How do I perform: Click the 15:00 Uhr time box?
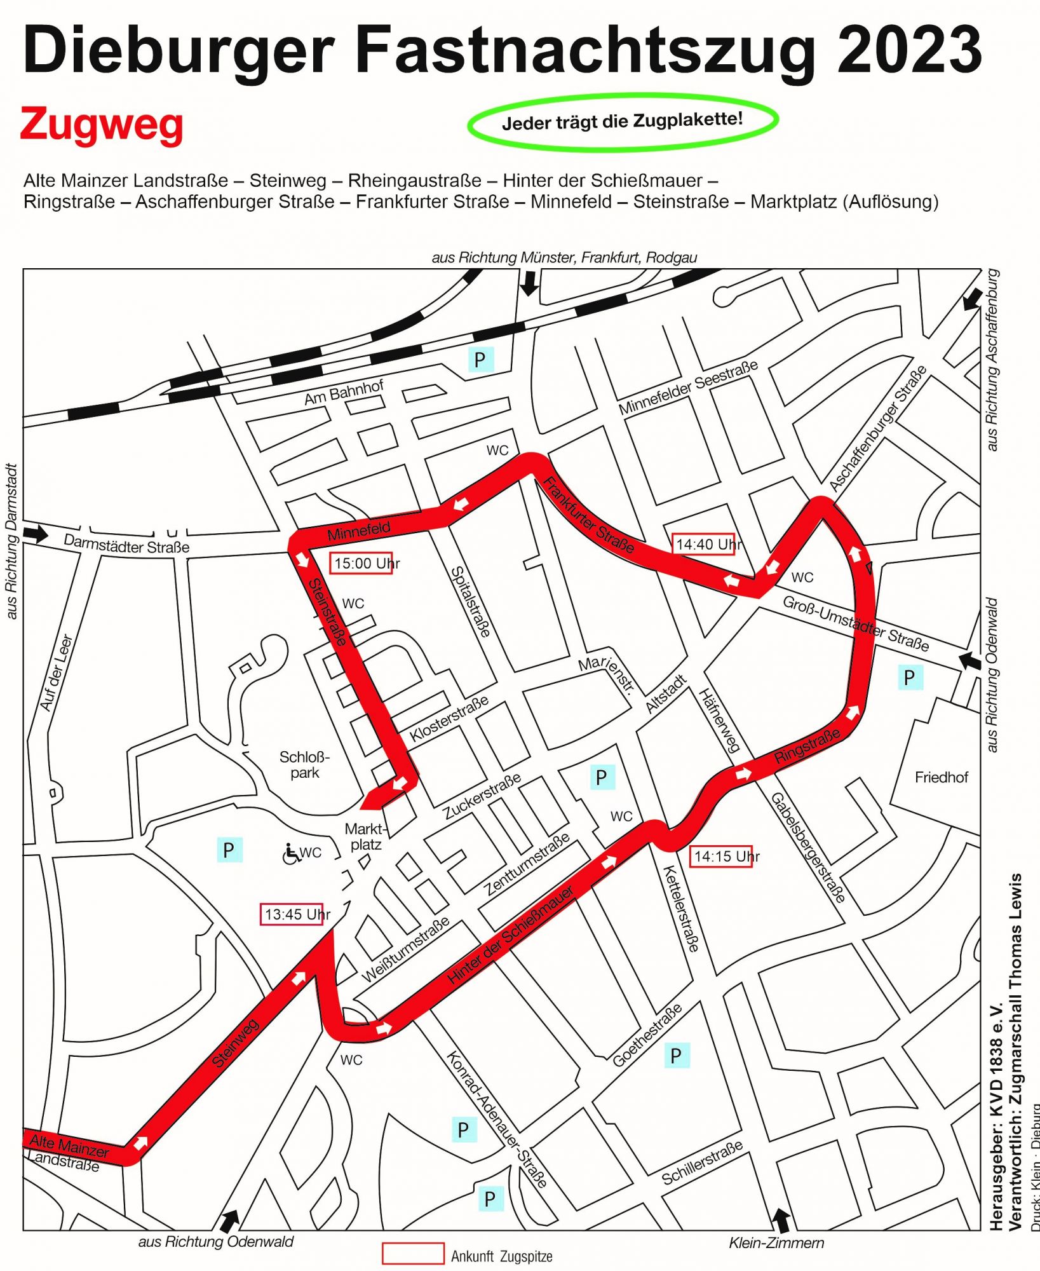point(361,563)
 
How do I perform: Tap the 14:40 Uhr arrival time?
point(703,544)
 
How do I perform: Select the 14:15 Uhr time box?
point(721,856)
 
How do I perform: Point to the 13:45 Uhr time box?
point(292,914)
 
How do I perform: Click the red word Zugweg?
point(102,126)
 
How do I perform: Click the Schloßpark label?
point(305,765)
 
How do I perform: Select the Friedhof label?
point(941,777)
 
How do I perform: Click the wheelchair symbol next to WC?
point(291,853)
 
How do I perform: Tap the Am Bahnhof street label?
point(344,393)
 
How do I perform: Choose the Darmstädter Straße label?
point(126,544)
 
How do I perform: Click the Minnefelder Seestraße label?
point(688,387)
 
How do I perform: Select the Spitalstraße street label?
point(471,601)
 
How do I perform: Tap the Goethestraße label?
point(647,1035)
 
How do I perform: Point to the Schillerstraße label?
point(702,1163)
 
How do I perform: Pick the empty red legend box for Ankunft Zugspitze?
point(413,1253)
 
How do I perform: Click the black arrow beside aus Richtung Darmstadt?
point(37,533)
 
